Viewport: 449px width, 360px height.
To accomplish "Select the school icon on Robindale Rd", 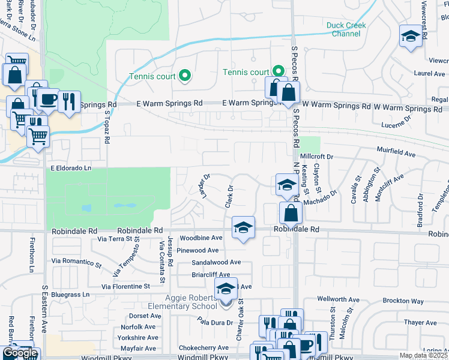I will (x=243, y=227).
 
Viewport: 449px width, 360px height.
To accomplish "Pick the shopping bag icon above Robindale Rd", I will (x=291, y=213).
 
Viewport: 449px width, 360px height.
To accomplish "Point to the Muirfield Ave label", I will (x=397, y=154).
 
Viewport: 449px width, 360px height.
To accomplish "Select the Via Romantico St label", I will (x=76, y=262).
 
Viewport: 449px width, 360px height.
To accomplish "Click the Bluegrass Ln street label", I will (x=70, y=295).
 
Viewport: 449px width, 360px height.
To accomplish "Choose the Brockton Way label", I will (x=405, y=301).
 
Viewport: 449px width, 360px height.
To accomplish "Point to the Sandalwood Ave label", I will (x=216, y=262).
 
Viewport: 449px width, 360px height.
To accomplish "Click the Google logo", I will (x=20, y=353).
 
